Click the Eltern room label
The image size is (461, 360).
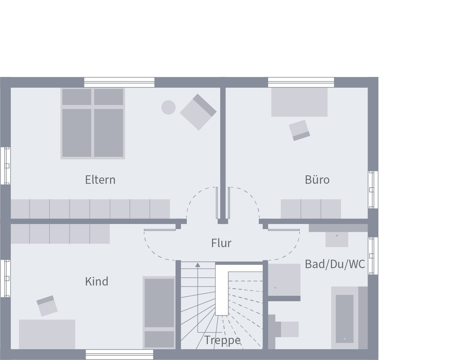point(100,180)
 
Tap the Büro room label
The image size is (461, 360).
point(317,180)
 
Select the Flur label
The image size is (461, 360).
point(221,243)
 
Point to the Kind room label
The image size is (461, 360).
point(96,281)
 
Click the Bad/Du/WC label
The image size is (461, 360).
point(335,264)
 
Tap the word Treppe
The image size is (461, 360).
point(222,340)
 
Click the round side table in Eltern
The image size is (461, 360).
point(168,107)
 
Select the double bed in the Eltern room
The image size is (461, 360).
point(93,123)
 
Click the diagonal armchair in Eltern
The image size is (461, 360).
point(198,112)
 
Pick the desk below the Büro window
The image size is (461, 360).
point(299,102)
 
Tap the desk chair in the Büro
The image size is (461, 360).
point(299,130)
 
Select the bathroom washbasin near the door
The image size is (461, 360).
point(337,239)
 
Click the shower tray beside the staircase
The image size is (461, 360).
point(284,280)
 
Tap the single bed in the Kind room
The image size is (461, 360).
point(159,313)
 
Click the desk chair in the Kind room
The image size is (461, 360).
point(47,306)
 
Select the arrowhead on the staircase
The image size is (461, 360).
point(198,265)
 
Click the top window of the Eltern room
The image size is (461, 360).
point(119,82)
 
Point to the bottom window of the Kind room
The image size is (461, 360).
point(120,355)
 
